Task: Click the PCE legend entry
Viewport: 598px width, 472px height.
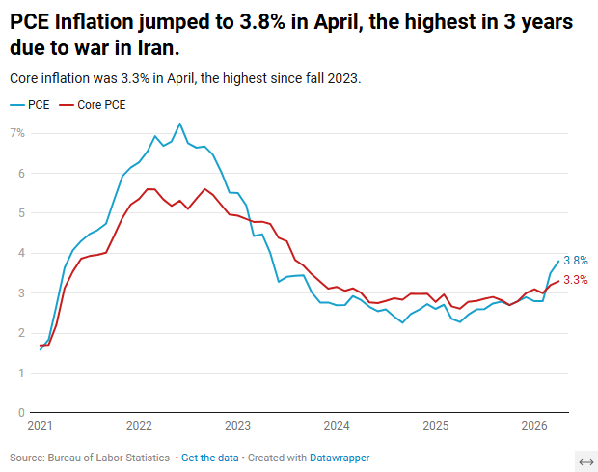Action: point(30,105)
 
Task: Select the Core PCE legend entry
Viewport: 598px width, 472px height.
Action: point(93,105)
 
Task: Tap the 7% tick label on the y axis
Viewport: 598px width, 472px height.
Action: point(17,133)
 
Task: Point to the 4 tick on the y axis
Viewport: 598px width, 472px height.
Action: point(22,253)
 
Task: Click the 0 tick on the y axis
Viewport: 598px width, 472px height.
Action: point(22,412)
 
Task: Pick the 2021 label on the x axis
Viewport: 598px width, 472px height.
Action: point(41,425)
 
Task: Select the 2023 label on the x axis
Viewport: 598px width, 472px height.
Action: point(237,425)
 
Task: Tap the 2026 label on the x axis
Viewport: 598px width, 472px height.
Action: point(534,425)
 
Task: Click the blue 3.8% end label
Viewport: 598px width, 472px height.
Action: point(576,261)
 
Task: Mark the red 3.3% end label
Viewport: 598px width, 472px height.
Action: point(576,280)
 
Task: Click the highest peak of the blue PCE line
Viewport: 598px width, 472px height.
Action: point(180,124)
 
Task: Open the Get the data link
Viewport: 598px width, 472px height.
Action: point(209,458)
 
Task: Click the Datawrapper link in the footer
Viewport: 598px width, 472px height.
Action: point(340,458)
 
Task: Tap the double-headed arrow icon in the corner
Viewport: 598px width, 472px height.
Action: point(586,462)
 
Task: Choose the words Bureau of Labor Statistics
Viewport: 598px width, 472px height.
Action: point(109,458)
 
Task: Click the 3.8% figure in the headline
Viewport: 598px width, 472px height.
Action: point(262,22)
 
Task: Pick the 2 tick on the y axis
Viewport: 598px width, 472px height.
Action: point(22,333)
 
